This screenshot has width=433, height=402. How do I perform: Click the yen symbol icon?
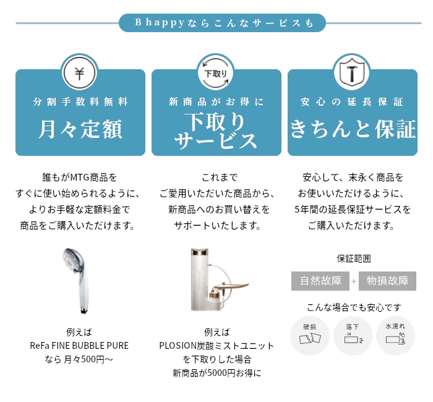click(80, 73)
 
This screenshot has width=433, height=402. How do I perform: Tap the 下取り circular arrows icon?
click(216, 73)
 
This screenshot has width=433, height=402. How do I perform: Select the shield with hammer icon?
click(352, 73)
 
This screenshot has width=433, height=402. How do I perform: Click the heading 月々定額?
click(80, 129)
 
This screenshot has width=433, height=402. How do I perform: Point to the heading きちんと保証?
click(353, 129)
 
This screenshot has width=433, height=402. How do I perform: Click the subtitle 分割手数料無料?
click(80, 102)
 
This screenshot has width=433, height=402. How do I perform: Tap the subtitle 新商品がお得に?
click(216, 102)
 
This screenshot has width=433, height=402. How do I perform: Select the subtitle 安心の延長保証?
click(352, 102)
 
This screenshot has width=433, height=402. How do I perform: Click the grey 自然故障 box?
click(320, 281)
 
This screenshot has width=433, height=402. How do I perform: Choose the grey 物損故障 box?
click(387, 281)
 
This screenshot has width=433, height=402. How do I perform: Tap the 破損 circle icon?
click(310, 336)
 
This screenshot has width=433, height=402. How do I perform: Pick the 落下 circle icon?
click(353, 336)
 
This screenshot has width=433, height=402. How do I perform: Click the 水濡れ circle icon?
click(395, 336)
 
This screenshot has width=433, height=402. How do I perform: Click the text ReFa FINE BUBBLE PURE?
click(79, 346)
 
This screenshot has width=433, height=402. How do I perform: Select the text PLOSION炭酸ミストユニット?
click(216, 346)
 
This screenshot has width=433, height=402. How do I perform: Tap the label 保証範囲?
click(354, 259)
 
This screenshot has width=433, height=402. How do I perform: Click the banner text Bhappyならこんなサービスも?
click(224, 23)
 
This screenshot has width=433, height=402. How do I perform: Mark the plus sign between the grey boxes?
click(354, 281)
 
